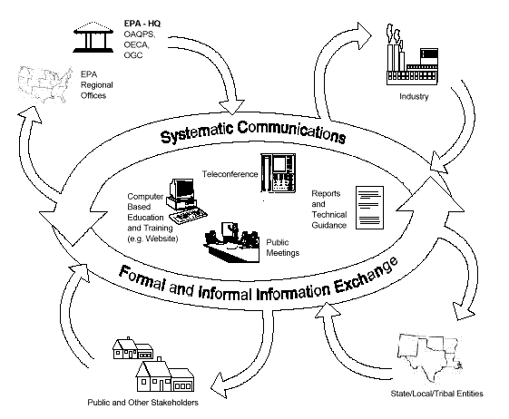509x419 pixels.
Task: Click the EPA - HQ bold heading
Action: (142, 24)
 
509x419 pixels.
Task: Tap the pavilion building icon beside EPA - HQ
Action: (93, 37)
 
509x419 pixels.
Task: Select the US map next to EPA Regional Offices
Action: (45, 84)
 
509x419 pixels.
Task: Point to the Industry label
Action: (414, 96)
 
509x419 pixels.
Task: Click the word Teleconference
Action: (230, 174)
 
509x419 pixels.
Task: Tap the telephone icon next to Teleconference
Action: (279, 173)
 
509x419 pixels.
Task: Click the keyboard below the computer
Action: (189, 216)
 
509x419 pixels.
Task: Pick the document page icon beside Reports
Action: (370, 208)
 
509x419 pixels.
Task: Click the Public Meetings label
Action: (282, 248)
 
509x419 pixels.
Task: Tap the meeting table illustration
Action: (231, 243)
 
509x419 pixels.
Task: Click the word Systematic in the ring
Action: (197, 132)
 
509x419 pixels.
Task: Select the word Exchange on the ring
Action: (366, 276)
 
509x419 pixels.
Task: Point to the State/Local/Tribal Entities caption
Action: (436, 394)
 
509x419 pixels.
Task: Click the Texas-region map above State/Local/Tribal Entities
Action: (429, 357)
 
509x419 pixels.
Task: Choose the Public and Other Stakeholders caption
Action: (142, 403)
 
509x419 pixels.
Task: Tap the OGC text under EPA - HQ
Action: (133, 55)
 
